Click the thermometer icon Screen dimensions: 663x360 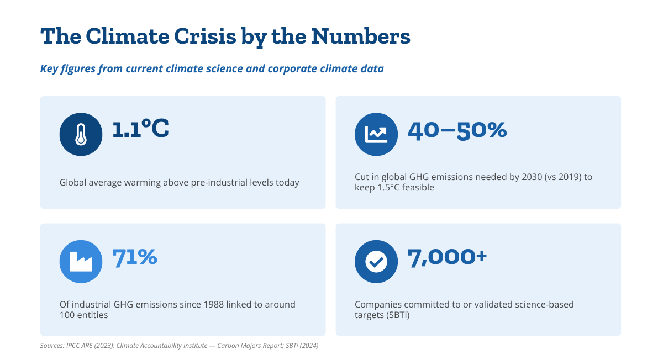[81, 134]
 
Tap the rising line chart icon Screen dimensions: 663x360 [376, 134]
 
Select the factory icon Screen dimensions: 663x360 [81, 262]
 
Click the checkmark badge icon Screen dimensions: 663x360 [376, 262]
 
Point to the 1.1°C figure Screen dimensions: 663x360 [140, 129]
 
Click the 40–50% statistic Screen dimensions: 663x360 [457, 130]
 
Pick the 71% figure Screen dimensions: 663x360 [135, 257]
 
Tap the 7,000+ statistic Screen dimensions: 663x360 [447, 257]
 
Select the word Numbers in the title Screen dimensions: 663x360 [361, 36]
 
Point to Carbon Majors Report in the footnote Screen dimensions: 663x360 [250, 346]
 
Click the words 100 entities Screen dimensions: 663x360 [83, 315]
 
